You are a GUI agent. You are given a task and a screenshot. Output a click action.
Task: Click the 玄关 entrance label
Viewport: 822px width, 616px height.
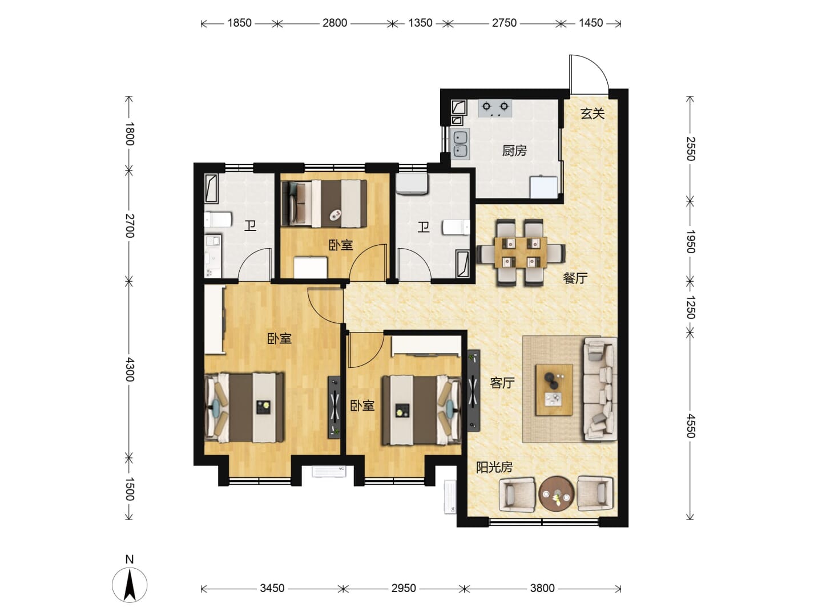(x=592, y=114)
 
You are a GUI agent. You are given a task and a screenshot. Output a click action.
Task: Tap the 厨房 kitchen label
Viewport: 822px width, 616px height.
(x=514, y=151)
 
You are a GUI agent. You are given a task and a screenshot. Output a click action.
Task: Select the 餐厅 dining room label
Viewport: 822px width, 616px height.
(x=575, y=278)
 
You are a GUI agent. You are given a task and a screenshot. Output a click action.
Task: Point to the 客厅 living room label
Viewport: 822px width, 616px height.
(x=502, y=383)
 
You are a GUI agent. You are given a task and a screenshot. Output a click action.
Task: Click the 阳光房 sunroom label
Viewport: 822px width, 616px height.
(x=494, y=467)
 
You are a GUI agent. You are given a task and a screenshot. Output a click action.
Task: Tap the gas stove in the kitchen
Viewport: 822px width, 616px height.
(x=495, y=108)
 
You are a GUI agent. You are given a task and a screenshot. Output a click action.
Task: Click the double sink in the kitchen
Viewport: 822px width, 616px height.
(x=460, y=144)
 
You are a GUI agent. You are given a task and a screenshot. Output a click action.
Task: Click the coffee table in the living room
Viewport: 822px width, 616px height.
(x=554, y=390)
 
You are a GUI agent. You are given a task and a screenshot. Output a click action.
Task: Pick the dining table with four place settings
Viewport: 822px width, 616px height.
(x=521, y=253)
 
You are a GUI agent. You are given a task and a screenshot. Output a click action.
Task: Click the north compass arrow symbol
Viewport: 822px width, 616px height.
(x=130, y=585)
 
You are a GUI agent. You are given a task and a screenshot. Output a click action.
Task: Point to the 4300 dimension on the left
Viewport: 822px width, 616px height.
(x=129, y=369)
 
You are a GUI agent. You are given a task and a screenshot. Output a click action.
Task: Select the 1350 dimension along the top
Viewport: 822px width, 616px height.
(x=420, y=23)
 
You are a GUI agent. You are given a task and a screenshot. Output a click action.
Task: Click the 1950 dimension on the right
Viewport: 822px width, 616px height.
(x=690, y=242)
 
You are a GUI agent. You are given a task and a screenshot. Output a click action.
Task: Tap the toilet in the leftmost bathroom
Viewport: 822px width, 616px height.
(x=218, y=220)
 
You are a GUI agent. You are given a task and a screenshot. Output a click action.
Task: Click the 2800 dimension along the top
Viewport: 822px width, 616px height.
(x=335, y=23)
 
